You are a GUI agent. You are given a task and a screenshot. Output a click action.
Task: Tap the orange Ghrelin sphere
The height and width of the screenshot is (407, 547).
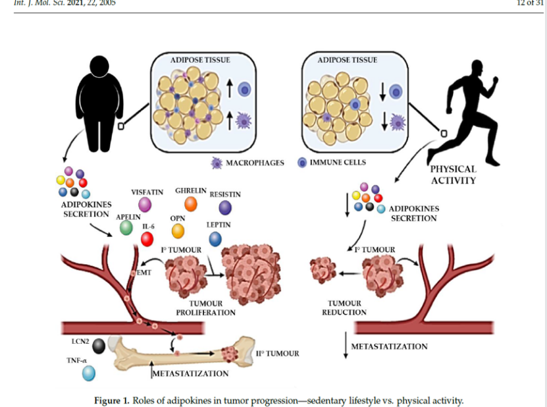coord(191,204)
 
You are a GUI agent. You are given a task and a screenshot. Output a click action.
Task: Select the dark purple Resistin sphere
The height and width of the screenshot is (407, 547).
coord(225,208)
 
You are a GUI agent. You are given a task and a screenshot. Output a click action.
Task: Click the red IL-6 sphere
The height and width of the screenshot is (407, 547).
coord(147,239)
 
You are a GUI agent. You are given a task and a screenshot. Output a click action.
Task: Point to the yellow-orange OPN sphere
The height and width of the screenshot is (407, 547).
coord(178,231)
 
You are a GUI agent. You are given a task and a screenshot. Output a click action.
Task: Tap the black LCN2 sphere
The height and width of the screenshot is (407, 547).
coord(99,346)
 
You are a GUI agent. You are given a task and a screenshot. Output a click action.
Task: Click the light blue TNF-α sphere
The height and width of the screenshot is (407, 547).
coord(88,373)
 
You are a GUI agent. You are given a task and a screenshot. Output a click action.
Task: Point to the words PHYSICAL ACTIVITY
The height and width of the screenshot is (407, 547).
coord(452,175)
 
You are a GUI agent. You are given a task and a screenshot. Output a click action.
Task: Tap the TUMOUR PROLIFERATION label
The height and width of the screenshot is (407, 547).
coord(205,308)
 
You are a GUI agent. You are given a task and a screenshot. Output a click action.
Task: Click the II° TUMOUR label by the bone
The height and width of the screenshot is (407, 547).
coord(278,354)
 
